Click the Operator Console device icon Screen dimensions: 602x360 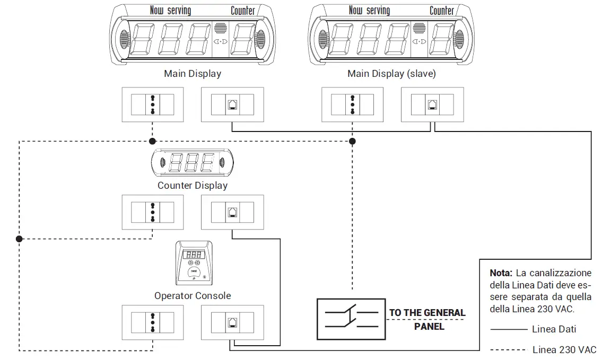click(x=194, y=264)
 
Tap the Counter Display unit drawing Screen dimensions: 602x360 click(x=193, y=162)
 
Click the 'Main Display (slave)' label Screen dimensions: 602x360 click(x=391, y=74)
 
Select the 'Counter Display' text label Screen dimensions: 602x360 click(x=193, y=186)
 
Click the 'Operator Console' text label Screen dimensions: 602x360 click(x=193, y=295)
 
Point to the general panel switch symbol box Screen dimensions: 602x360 click(x=351, y=319)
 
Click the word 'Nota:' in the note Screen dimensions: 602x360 click(x=501, y=273)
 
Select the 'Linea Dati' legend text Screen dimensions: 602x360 click(x=554, y=329)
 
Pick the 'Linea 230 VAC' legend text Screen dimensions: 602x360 click(x=564, y=349)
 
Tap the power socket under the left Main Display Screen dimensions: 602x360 click(x=153, y=104)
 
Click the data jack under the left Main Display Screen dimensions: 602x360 click(x=233, y=104)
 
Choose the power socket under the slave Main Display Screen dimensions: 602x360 click(x=352, y=104)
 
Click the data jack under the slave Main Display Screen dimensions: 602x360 click(x=432, y=104)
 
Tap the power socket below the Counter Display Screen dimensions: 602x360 click(x=153, y=212)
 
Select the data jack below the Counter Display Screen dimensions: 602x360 click(x=233, y=212)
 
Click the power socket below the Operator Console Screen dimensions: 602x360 click(x=153, y=322)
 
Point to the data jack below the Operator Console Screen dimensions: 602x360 click(x=233, y=322)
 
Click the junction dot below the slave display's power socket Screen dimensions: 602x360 click(x=352, y=141)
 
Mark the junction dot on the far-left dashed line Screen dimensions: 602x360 click(x=19, y=239)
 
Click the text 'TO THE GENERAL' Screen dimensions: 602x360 click(x=427, y=313)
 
